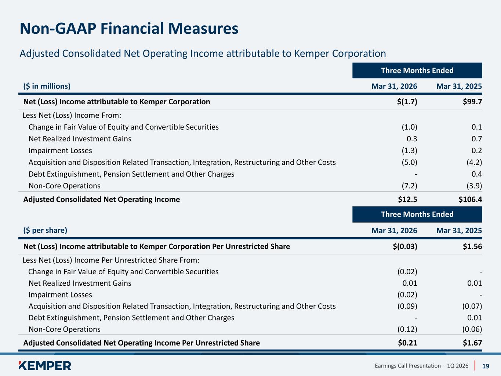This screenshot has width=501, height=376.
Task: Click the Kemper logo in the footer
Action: click(x=45, y=365)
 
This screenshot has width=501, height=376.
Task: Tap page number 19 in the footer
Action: click(x=486, y=366)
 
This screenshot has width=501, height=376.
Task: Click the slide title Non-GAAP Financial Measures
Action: click(x=129, y=28)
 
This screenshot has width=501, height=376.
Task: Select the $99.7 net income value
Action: click(x=472, y=102)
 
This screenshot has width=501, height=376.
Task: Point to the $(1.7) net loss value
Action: click(x=407, y=102)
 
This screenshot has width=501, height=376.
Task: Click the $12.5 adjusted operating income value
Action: click(x=407, y=199)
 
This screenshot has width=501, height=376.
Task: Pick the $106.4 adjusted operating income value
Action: click(x=470, y=199)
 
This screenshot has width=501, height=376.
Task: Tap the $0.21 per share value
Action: click(x=407, y=343)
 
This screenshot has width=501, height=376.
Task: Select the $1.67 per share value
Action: click(x=472, y=343)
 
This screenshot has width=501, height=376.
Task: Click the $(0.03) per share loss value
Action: click(x=405, y=246)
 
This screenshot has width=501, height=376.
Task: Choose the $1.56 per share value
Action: click(x=472, y=246)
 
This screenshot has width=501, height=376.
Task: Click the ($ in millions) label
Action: click(x=47, y=86)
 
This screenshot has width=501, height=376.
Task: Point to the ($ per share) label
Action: click(x=45, y=230)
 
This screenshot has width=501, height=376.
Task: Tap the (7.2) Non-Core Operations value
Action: click(x=410, y=186)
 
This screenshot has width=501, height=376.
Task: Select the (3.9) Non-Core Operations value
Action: click(x=474, y=186)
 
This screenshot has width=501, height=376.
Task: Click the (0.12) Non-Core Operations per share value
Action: click(x=407, y=329)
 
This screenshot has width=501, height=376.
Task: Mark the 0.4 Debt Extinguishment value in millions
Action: click(x=477, y=174)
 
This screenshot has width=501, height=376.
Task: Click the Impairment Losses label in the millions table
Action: click(x=60, y=151)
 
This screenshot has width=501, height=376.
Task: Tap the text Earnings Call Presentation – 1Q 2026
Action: click(x=421, y=366)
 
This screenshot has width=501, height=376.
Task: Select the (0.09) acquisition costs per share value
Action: click(x=407, y=306)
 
